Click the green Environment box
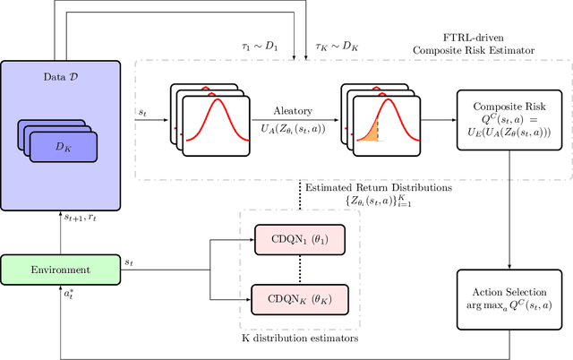(x=61, y=269)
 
